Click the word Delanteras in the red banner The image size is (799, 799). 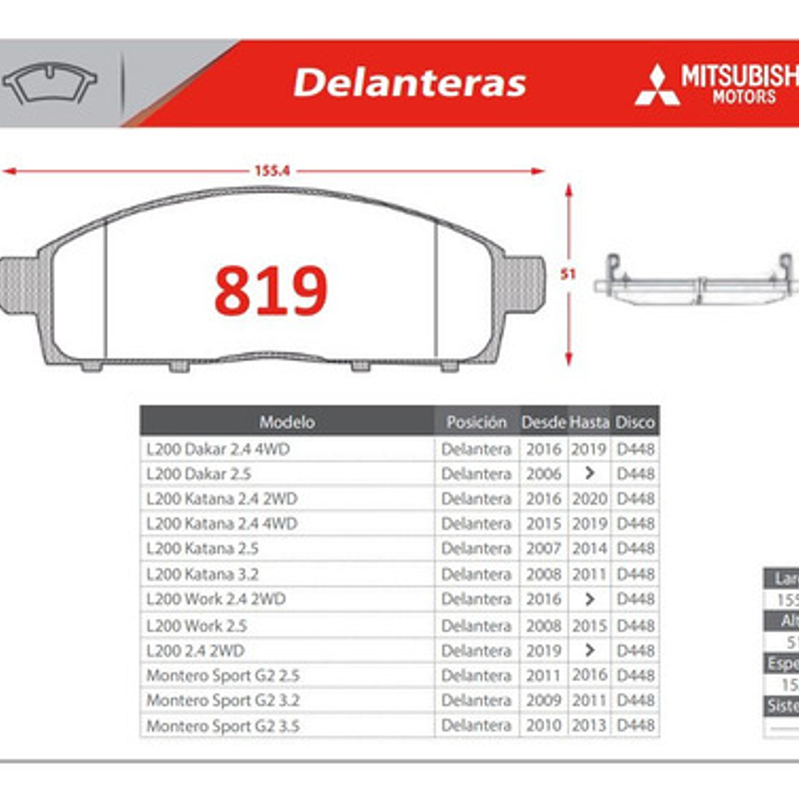[409, 83]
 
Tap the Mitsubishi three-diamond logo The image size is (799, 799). [657, 86]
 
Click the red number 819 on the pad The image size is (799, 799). [271, 290]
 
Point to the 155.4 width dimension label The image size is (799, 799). [272, 170]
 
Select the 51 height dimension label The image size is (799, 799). [568, 274]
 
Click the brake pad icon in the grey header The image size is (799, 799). [49, 83]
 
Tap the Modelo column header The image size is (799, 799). [287, 422]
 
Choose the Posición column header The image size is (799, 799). [476, 422]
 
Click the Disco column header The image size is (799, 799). [635, 422]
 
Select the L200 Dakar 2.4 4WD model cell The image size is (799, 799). [218, 449]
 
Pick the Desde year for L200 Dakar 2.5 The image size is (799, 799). [544, 474]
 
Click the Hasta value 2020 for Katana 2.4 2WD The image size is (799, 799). [589, 499]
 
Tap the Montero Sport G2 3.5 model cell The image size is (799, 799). [223, 726]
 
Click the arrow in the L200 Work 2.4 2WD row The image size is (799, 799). [589, 599]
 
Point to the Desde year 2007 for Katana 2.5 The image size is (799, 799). [544, 549]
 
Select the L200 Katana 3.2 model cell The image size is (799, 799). [203, 574]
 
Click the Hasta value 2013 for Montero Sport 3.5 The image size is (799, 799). [589, 726]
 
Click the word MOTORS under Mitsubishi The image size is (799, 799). [744, 97]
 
